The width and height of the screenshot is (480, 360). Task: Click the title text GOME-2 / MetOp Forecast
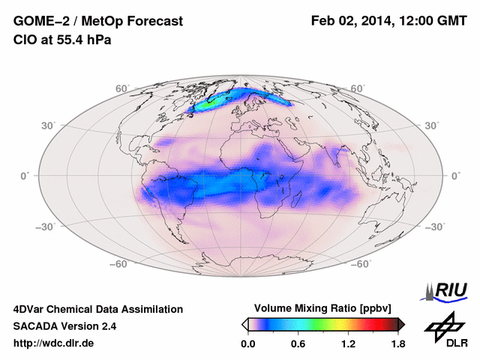pos(97,22)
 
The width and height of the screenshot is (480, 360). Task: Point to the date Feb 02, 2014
pos(352,22)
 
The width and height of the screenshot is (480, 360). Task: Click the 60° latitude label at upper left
pos(121,88)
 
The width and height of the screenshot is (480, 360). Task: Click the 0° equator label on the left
pos(25,175)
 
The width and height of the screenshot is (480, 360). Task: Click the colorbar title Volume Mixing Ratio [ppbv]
pos(324,308)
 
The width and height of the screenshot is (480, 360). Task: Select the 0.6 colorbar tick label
pos(298,344)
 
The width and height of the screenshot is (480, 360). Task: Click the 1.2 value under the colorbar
pos(348,344)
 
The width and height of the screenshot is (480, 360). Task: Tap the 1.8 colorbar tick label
pos(397,344)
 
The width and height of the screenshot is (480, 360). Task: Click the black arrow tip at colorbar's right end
pos(402,324)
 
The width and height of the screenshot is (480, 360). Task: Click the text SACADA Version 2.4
pos(64,326)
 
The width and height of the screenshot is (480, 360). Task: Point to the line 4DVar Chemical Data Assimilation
pos(97,309)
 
